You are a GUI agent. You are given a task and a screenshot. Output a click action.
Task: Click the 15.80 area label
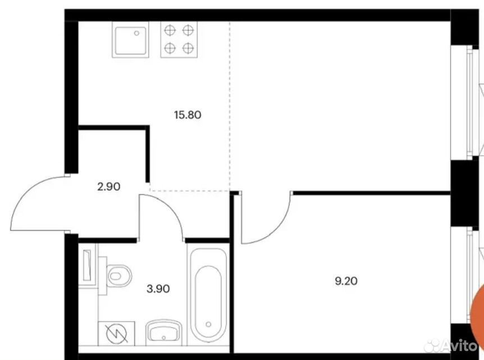point(188,115)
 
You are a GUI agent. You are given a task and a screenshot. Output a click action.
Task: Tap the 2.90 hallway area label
point(109,186)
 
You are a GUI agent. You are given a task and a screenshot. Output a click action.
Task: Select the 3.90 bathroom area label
point(158,289)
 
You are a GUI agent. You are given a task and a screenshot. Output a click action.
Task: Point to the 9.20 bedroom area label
point(346,281)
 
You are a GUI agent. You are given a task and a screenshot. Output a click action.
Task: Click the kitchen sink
point(130,39)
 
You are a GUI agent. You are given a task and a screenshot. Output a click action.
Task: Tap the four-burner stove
point(179,39)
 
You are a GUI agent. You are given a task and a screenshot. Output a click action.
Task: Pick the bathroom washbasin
point(163,332)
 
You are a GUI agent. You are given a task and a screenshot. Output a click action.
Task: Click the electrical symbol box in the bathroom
point(116,334)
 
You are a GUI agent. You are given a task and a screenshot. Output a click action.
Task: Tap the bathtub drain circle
point(208,324)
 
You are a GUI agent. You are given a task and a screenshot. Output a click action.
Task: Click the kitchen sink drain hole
point(137,33)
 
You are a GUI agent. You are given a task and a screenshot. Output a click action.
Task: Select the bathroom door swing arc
point(170,206)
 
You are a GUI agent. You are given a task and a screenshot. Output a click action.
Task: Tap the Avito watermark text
point(460,345)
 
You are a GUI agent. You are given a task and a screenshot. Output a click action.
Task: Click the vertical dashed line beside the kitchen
point(229,106)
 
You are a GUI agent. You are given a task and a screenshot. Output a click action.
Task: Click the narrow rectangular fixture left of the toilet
point(88,265)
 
